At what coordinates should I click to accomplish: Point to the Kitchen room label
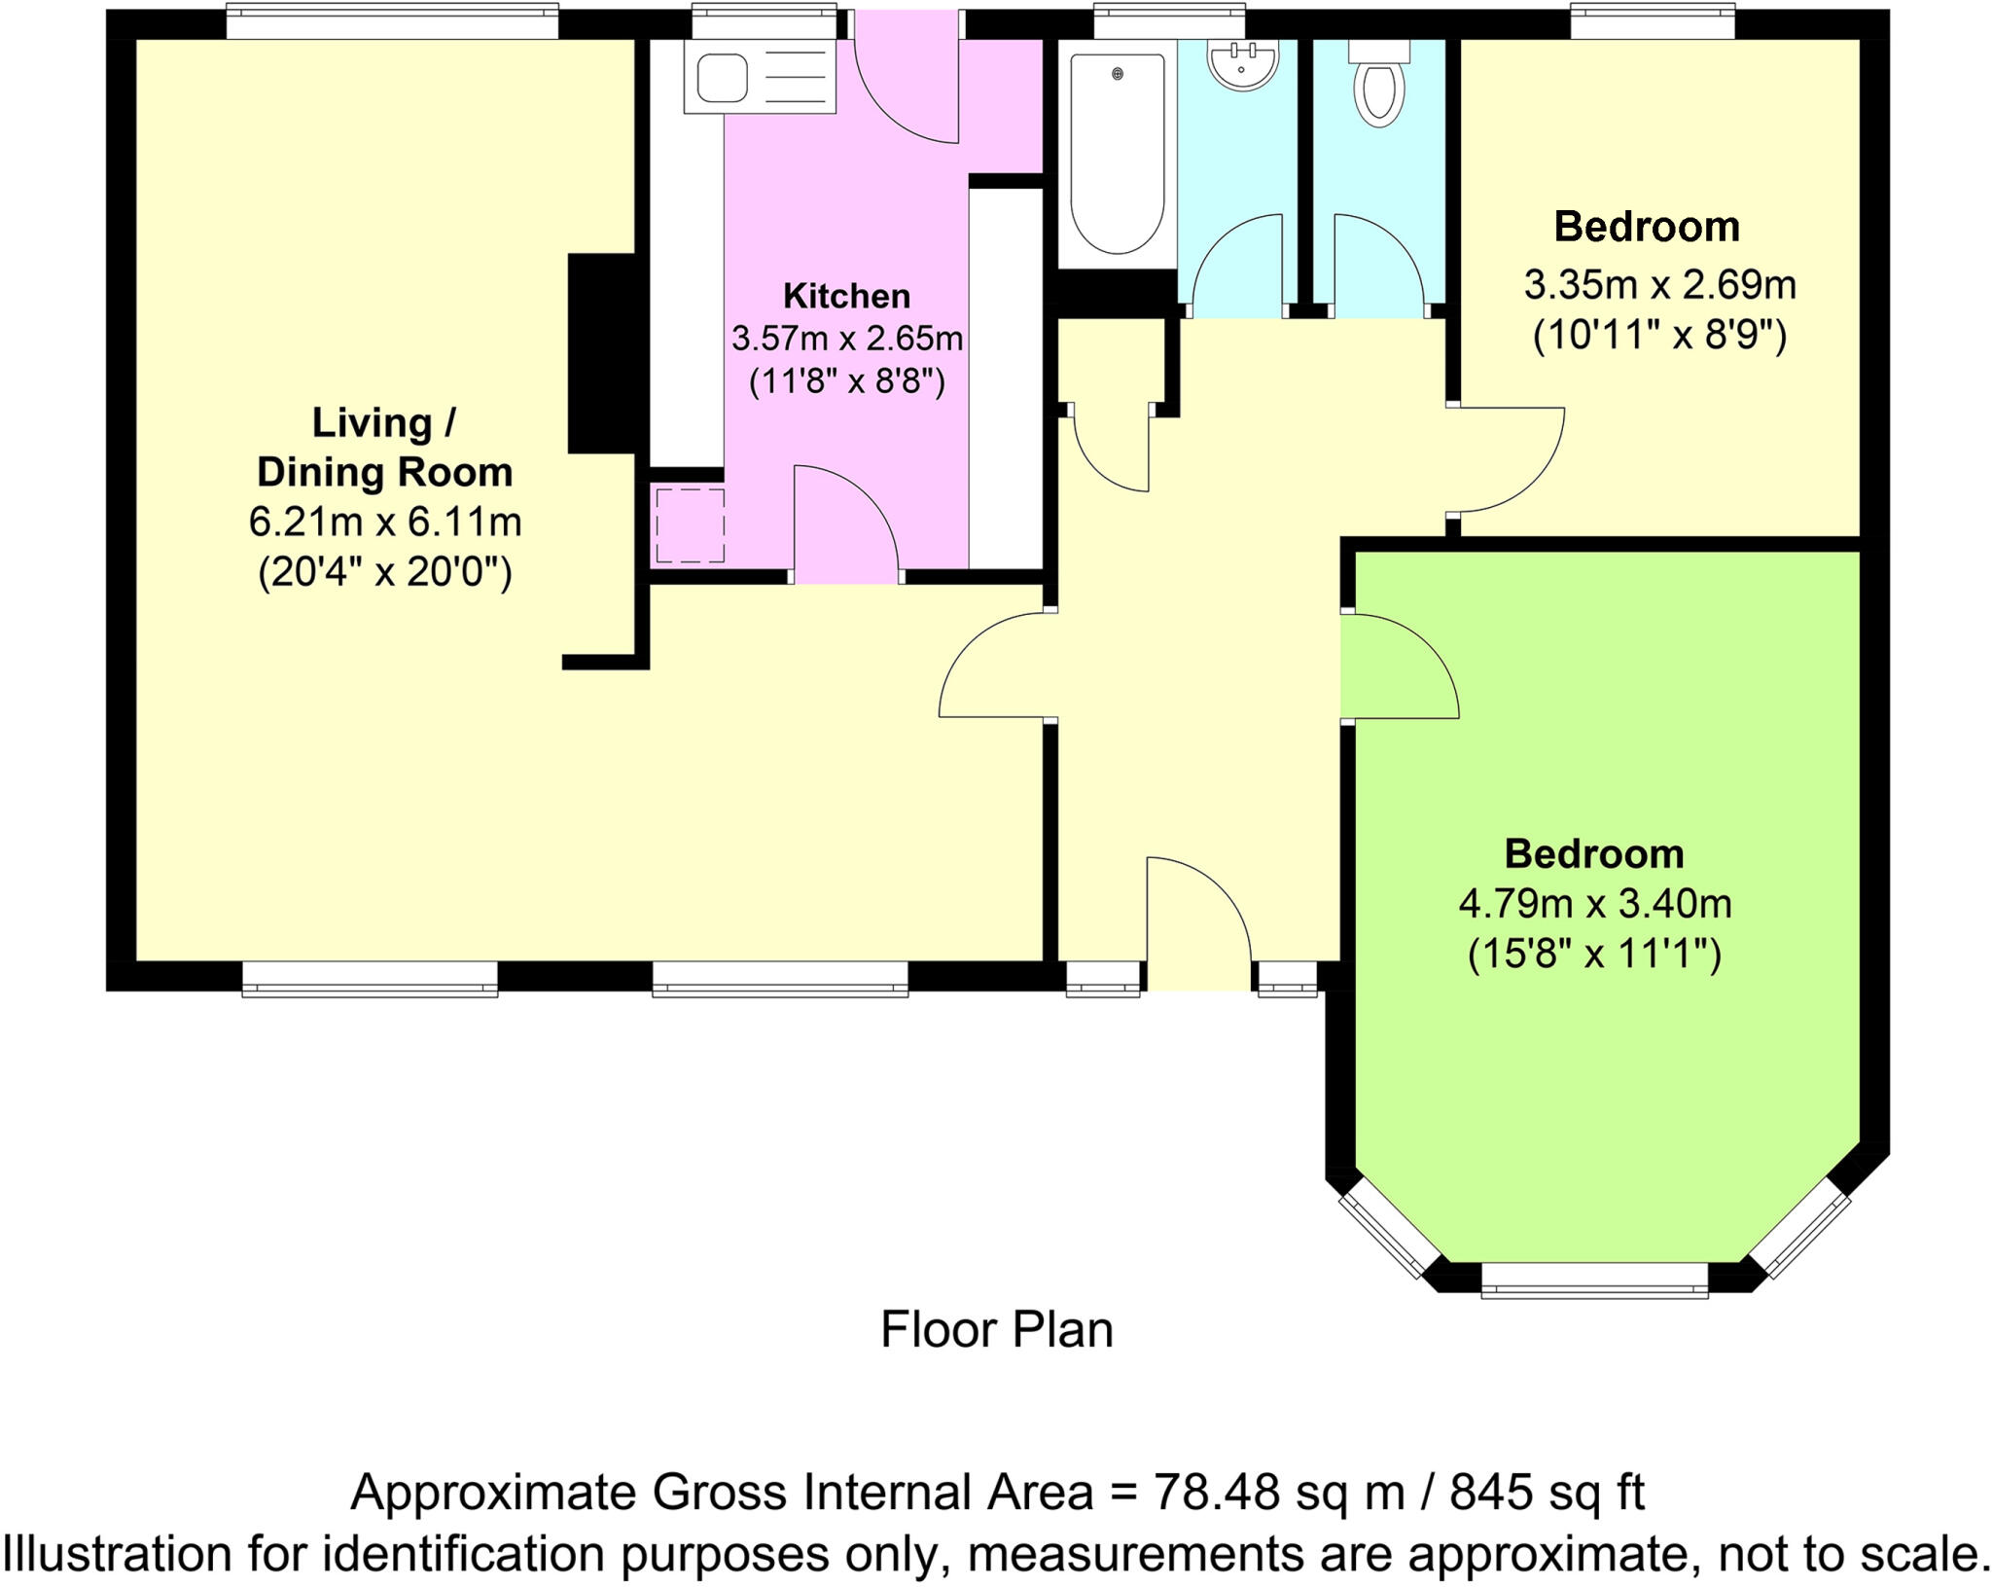pos(846,296)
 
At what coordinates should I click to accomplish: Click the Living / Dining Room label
pos(384,448)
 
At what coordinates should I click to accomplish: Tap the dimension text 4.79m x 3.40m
pos(1594,904)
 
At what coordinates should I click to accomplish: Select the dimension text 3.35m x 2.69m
pos(1659,285)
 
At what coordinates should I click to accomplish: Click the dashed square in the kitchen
pos(690,525)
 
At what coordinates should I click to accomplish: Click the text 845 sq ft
pos(1547,1492)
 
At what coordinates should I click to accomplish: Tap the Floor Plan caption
pos(996,1330)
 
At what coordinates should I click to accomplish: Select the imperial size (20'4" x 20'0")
pos(384,573)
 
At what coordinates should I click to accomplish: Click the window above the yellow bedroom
pos(1653,21)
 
